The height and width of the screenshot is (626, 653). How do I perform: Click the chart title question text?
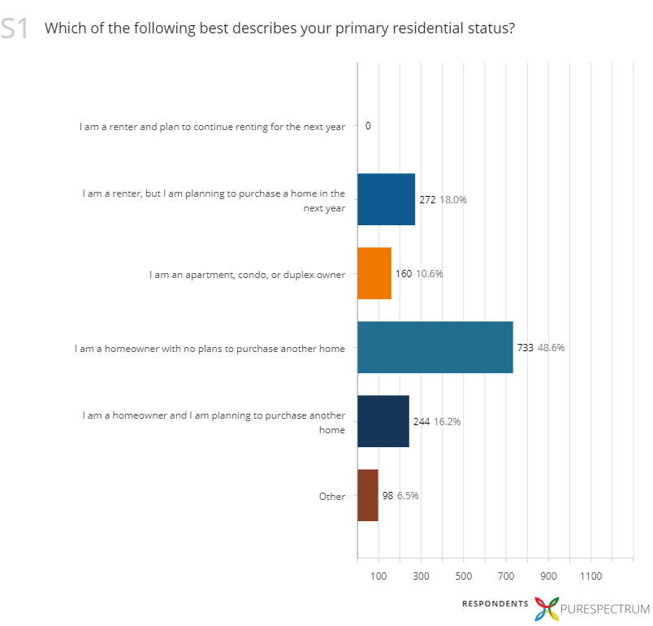(x=279, y=28)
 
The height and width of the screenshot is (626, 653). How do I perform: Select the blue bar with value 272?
(x=386, y=199)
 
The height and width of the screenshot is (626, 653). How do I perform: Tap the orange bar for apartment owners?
(x=374, y=274)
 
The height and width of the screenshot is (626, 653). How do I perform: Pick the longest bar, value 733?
(x=435, y=347)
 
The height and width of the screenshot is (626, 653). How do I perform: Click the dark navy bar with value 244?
(x=383, y=422)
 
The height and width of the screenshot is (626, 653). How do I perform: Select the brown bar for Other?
(x=368, y=496)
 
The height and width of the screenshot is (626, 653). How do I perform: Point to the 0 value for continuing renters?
(x=368, y=126)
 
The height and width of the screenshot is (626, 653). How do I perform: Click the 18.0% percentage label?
(x=453, y=199)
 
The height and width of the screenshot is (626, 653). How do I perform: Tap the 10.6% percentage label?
(x=430, y=274)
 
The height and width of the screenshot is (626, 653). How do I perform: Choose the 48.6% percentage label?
(x=551, y=347)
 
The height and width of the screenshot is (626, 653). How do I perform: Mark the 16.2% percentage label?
(x=447, y=422)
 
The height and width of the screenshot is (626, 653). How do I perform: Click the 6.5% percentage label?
(x=408, y=496)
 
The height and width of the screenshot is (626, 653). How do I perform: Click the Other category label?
(x=332, y=496)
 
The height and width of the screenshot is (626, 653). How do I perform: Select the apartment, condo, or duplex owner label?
(x=247, y=274)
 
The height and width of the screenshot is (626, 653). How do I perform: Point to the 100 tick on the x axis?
(x=378, y=576)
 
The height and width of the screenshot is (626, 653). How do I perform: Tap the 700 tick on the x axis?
(x=506, y=576)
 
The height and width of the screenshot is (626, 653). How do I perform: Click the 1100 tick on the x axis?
(x=590, y=576)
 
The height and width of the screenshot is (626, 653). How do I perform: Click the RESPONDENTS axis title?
(x=495, y=603)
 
